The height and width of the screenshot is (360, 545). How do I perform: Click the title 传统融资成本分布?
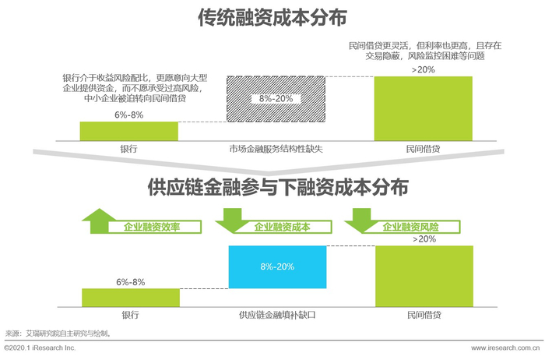(272, 17)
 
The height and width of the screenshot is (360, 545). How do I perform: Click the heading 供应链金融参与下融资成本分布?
(272, 188)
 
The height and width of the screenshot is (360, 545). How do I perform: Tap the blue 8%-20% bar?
(276, 266)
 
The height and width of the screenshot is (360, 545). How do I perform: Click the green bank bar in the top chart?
(128, 131)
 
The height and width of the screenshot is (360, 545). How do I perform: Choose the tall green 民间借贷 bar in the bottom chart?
(424, 276)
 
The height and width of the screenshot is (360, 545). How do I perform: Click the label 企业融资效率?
(152, 228)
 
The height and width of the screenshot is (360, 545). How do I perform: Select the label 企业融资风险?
(410, 228)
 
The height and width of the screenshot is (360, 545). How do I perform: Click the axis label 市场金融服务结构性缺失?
(275, 148)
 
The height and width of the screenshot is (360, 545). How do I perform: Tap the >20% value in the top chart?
(423, 69)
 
